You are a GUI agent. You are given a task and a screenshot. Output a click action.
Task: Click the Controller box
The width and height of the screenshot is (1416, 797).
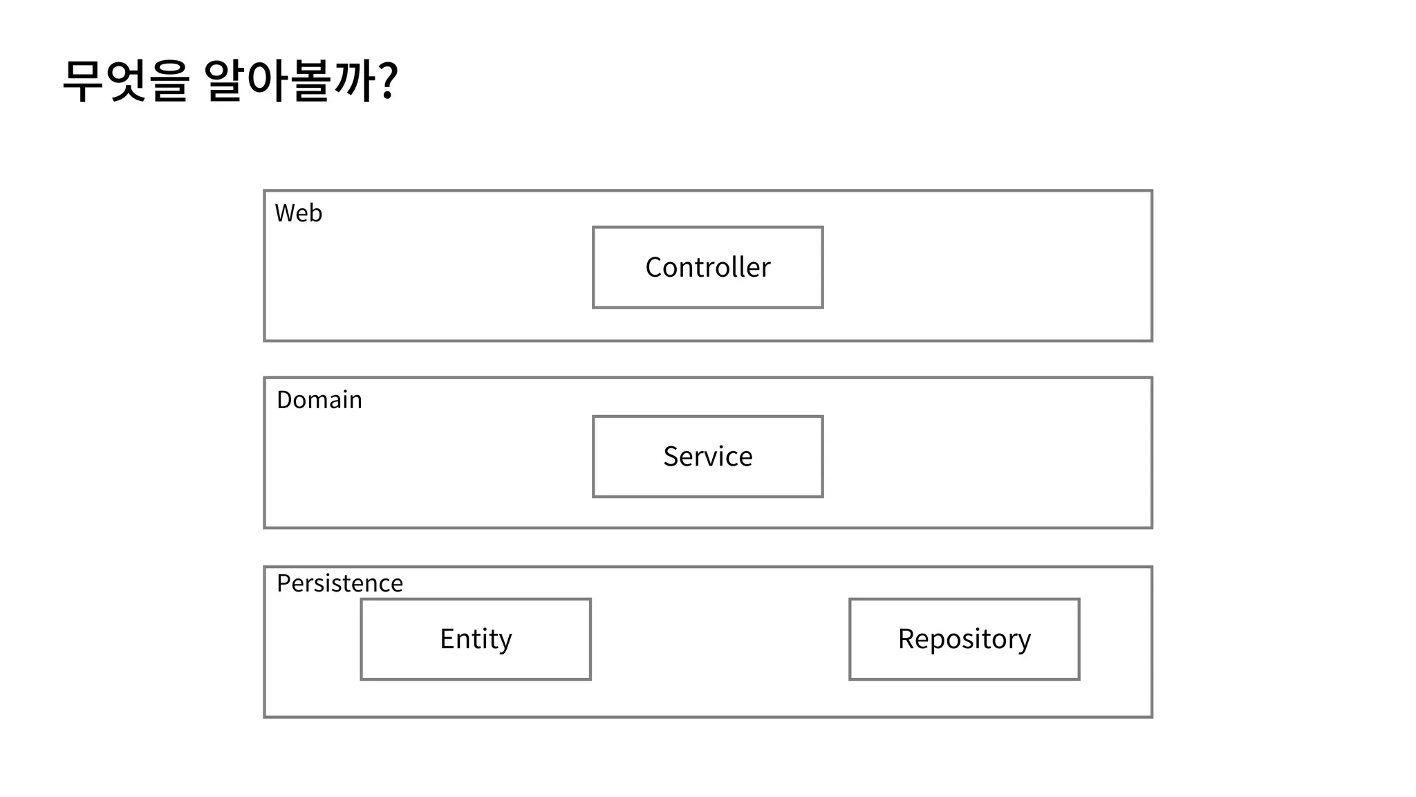click(x=707, y=267)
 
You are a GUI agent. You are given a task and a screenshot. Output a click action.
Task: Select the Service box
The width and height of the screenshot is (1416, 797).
click(x=707, y=457)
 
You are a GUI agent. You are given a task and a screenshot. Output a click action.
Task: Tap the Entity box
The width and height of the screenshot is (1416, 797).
click(x=476, y=639)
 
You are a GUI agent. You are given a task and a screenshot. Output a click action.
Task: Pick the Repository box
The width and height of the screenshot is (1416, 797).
click(x=964, y=639)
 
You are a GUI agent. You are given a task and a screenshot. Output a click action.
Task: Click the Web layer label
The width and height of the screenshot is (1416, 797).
click(x=298, y=213)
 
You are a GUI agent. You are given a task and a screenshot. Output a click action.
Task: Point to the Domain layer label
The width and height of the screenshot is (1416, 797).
click(x=319, y=400)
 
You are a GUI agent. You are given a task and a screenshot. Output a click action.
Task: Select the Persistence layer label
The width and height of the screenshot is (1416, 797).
click(x=339, y=583)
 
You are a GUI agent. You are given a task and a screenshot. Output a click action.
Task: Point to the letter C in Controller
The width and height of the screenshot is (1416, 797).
click(x=653, y=268)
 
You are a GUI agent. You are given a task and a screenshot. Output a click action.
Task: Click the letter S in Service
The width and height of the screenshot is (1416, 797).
click(x=670, y=457)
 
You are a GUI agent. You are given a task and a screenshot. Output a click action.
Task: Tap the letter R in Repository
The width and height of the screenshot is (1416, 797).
click(x=906, y=639)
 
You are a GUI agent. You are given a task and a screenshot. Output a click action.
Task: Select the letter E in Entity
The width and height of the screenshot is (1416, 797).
click(x=447, y=639)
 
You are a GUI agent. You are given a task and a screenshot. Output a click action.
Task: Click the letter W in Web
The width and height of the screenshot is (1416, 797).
click(x=284, y=213)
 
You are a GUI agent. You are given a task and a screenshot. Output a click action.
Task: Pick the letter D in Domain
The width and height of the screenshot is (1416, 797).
click(x=283, y=400)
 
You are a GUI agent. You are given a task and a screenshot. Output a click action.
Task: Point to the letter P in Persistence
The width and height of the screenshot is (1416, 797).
click(x=282, y=583)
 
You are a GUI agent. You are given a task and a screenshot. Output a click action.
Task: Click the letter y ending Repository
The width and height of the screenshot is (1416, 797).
click(x=1024, y=642)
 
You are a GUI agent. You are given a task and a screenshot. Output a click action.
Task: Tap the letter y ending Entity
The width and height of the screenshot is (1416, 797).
click(x=505, y=642)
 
